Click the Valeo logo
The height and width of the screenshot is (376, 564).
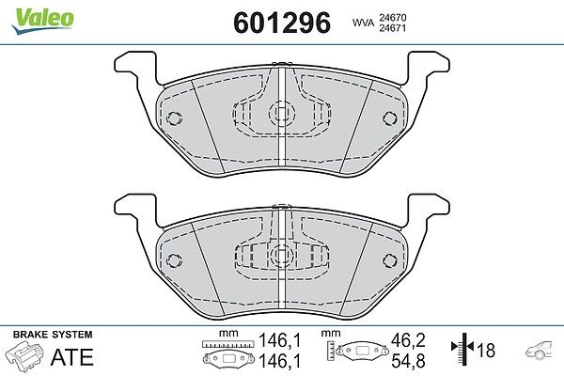[42, 22]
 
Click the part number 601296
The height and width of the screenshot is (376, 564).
[282, 23]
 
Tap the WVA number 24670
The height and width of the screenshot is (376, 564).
[392, 17]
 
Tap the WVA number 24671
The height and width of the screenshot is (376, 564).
[392, 27]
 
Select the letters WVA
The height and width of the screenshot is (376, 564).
[363, 23]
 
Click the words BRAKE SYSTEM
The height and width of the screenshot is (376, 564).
[53, 335]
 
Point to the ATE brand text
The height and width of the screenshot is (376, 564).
[72, 357]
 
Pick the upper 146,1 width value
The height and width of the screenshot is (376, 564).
[279, 340]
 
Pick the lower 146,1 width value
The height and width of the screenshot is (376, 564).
[279, 361]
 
